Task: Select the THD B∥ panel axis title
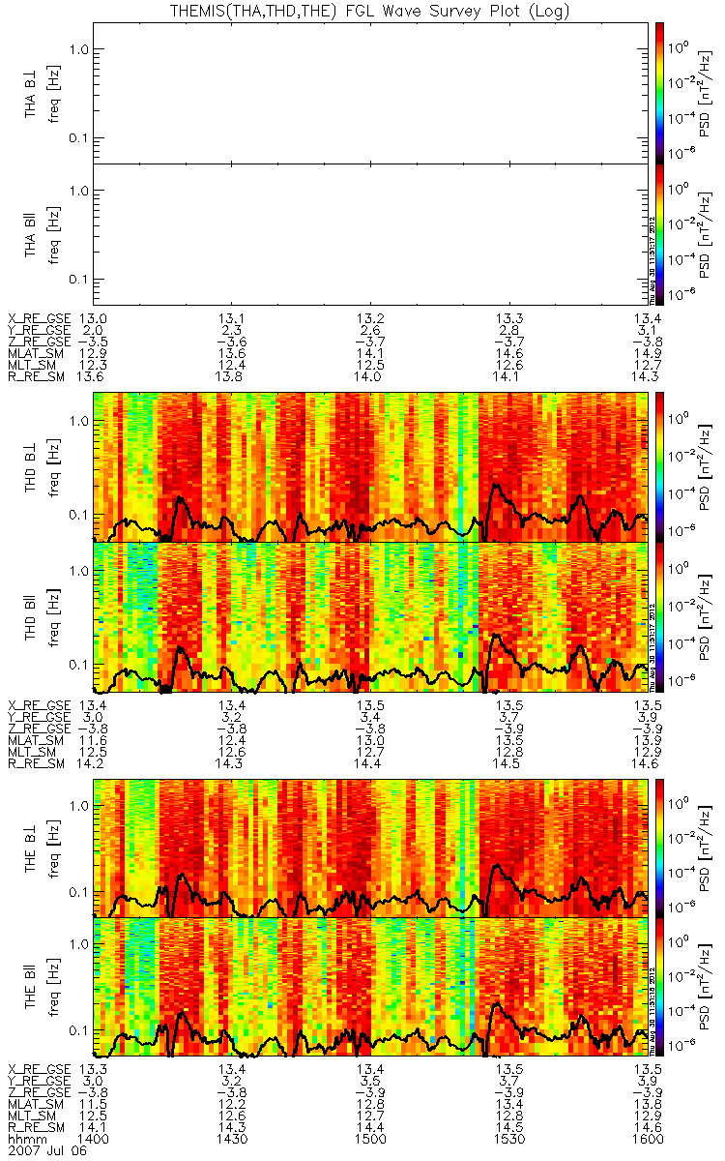31,617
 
